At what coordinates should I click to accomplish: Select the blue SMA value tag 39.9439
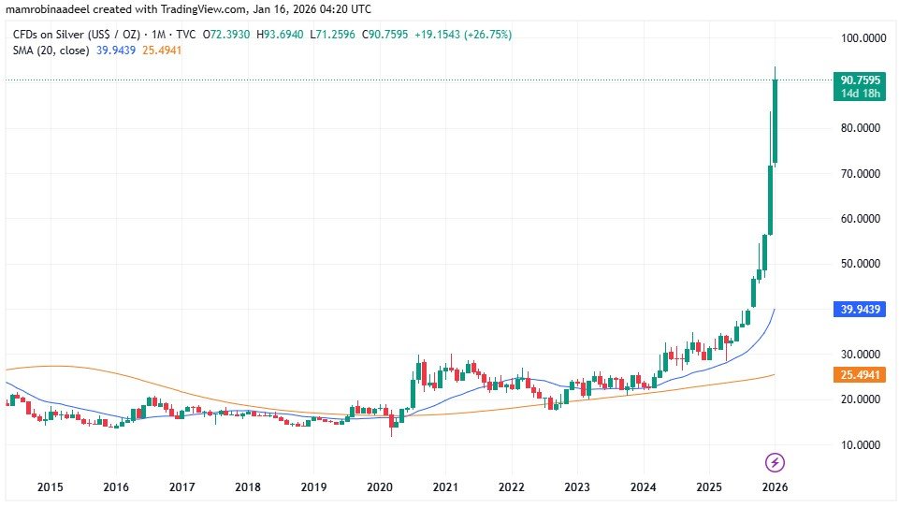(858, 309)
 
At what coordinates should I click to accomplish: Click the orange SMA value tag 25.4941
(858, 374)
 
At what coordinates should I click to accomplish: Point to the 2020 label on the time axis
(380, 487)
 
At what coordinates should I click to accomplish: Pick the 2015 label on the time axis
(51, 487)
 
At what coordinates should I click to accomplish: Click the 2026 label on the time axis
(775, 487)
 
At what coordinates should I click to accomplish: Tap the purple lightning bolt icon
(775, 462)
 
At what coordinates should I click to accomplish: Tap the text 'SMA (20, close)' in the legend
(51, 50)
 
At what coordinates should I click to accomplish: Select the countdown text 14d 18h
(858, 94)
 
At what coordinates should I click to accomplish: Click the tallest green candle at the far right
(776, 122)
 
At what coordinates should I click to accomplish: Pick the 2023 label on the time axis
(577, 487)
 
